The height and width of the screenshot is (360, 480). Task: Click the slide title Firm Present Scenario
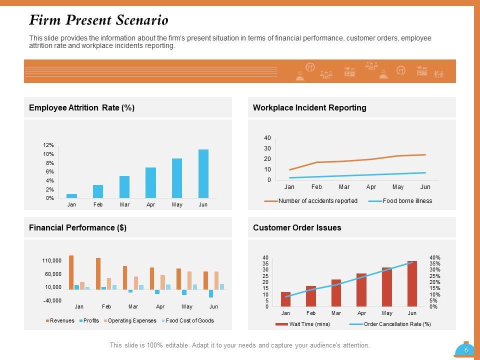click(x=98, y=20)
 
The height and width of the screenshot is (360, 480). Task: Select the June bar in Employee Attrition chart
click(x=203, y=173)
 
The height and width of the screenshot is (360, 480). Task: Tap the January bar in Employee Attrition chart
click(x=72, y=195)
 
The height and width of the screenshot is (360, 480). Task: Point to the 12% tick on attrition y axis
click(x=48, y=145)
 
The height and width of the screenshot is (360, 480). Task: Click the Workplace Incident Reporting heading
click(x=309, y=107)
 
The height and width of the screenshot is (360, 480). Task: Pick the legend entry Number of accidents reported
click(x=317, y=201)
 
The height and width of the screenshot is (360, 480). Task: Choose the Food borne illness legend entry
click(x=407, y=201)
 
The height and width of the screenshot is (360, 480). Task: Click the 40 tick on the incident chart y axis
click(x=267, y=138)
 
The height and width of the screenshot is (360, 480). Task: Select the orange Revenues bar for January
click(x=71, y=272)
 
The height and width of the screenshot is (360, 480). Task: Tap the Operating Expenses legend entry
click(x=132, y=320)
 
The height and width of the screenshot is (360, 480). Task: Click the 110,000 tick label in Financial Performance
click(x=52, y=261)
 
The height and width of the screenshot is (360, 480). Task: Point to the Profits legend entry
click(x=91, y=320)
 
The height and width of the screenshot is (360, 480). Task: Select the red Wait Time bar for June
click(x=412, y=283)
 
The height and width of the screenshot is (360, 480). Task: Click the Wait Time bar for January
click(x=285, y=299)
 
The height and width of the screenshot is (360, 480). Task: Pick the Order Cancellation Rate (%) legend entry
click(x=397, y=324)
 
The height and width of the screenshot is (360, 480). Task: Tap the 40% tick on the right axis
click(x=434, y=258)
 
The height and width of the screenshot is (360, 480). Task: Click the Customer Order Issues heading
click(x=297, y=227)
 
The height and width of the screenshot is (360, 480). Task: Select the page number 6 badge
click(x=466, y=350)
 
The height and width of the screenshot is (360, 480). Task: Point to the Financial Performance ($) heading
click(x=77, y=227)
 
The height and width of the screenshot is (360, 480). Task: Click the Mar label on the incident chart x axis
click(x=344, y=187)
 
